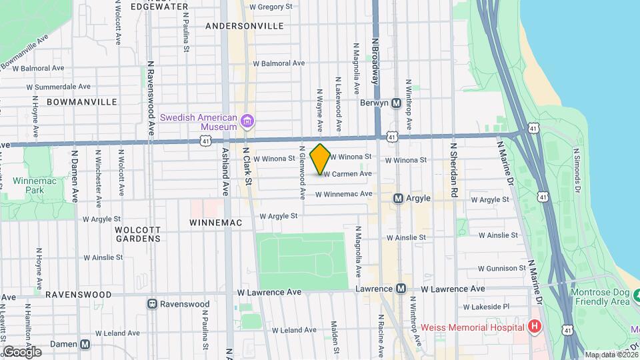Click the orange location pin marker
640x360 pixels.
click(x=321, y=159)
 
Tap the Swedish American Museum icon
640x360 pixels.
click(x=247, y=121)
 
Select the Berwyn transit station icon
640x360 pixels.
click(x=396, y=103)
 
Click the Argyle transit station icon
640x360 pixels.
click(x=398, y=198)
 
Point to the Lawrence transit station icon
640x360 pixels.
click(x=401, y=289)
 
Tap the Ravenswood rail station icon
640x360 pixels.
click(x=152, y=304)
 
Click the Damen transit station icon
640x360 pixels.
click(x=85, y=344)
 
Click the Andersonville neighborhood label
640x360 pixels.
click(x=244, y=26)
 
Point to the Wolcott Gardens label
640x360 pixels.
click(x=137, y=233)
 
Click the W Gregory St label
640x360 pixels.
click(x=271, y=7)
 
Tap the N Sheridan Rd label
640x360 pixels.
click(x=454, y=169)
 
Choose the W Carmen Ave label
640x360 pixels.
click(x=347, y=174)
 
